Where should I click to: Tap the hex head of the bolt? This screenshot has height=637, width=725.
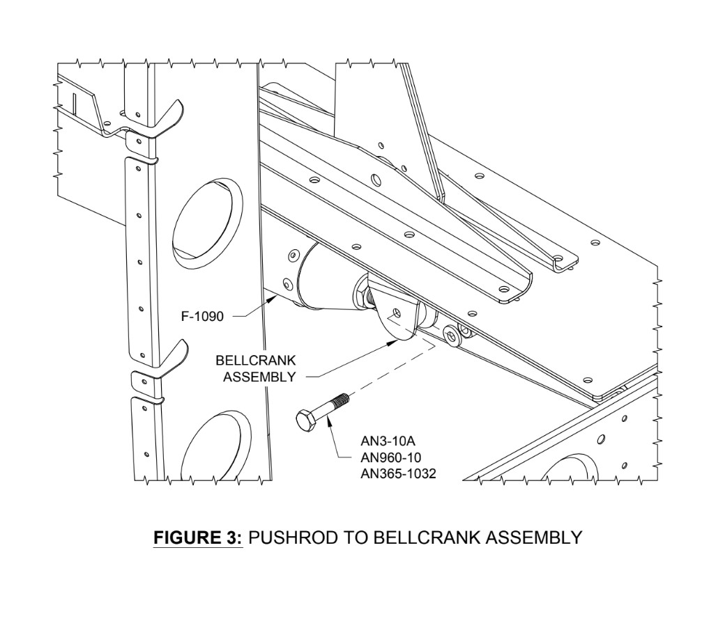tap(305, 420)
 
